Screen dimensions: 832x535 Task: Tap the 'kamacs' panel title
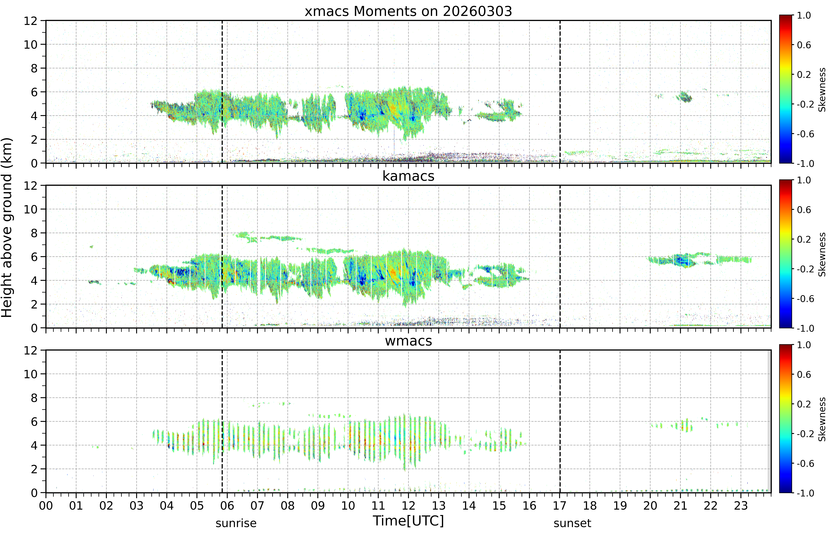pos(408,176)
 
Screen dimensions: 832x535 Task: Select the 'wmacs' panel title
pos(408,341)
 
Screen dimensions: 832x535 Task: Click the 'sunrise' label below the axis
pos(236,523)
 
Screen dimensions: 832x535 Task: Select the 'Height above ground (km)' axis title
pos(7,228)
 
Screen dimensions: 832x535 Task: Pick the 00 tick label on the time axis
pos(46,505)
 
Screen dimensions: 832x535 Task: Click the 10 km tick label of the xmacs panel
pos(31,44)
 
